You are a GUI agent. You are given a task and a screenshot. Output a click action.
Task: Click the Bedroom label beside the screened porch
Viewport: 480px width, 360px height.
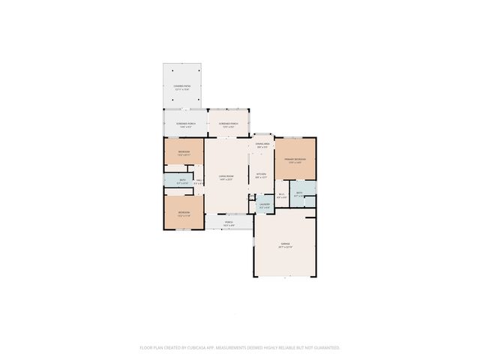point(184,151)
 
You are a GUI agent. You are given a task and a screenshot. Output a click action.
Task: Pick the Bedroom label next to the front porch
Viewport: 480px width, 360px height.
point(184,212)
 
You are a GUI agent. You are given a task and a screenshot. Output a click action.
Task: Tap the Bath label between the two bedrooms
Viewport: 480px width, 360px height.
point(182,179)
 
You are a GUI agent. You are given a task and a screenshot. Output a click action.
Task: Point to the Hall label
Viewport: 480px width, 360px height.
point(199,179)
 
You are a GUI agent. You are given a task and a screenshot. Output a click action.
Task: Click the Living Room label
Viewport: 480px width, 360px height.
point(226,176)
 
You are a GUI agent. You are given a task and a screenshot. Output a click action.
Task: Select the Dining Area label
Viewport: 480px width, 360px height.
point(262,143)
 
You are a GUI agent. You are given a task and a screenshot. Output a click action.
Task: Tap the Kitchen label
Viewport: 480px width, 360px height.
point(262,174)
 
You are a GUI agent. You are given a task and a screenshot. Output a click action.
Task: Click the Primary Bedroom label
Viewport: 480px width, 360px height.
point(295,160)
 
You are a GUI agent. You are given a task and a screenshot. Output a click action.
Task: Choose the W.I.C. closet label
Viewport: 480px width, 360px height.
point(282,194)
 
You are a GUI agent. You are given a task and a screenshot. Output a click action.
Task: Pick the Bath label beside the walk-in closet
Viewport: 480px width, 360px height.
point(298,193)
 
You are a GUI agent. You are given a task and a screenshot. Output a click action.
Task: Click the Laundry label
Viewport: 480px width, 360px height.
point(264,204)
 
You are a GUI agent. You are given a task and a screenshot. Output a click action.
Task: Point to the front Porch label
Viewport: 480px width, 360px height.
point(229,222)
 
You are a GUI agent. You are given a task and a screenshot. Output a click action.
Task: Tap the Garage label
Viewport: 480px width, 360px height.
point(285,244)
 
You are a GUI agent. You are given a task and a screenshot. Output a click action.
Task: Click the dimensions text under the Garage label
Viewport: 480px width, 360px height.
point(285,247)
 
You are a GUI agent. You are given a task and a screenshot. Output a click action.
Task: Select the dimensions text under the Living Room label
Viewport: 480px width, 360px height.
point(226,180)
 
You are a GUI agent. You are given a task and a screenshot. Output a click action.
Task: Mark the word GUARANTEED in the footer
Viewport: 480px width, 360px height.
point(324,348)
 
